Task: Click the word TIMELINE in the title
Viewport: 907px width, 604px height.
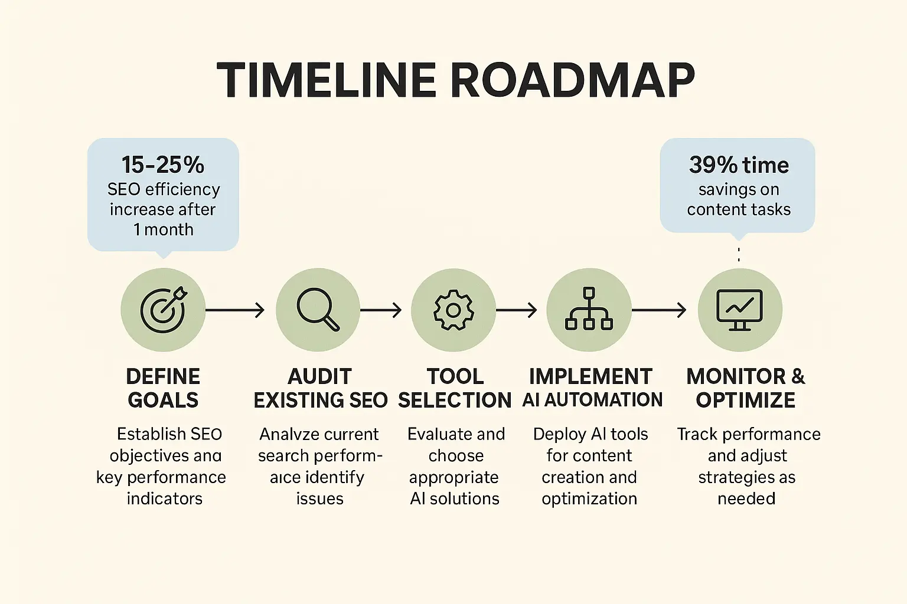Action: click(326, 80)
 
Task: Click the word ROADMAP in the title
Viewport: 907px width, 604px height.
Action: click(573, 80)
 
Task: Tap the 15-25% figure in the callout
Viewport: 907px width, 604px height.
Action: click(163, 165)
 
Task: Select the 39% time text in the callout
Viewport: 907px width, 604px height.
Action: click(739, 165)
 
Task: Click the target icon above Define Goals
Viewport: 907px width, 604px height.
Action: click(163, 310)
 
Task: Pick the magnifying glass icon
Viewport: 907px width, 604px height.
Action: click(318, 310)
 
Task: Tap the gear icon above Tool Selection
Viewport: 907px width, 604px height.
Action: click(453, 310)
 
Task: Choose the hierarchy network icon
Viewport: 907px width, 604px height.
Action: click(589, 310)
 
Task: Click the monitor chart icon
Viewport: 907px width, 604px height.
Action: click(739, 310)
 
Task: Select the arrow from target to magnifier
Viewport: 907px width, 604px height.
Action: click(235, 310)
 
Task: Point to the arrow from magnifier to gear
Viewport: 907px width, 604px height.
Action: click(381, 310)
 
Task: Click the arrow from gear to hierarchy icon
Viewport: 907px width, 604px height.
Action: click(517, 310)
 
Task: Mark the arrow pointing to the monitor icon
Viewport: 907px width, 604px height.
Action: click(659, 310)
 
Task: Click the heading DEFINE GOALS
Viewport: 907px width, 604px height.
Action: click(163, 388)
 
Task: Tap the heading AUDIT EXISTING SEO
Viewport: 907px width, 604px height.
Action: click(320, 388)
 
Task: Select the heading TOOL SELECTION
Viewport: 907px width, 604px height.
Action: click(455, 388)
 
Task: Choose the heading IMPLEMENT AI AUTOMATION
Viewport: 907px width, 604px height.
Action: click(592, 388)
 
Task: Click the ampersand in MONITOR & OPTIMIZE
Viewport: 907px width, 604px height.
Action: click(798, 377)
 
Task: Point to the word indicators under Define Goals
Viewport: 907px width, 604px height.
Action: click(164, 499)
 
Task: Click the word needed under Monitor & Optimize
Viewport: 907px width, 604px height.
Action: click(746, 499)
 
